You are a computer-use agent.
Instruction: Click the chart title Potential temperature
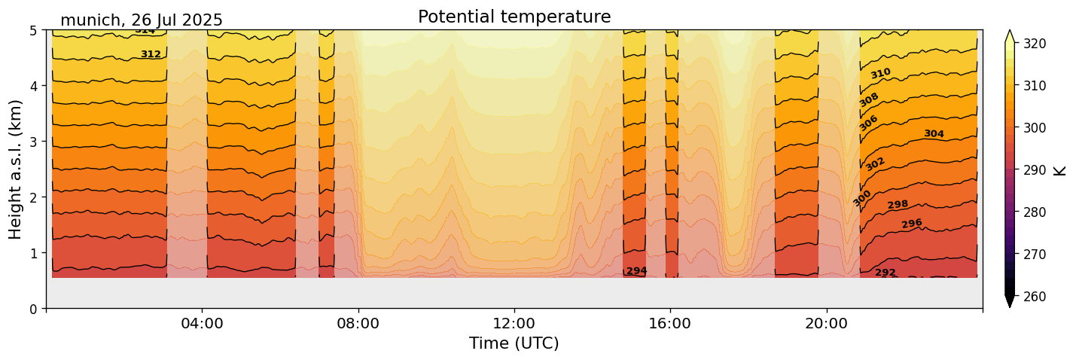point(514,17)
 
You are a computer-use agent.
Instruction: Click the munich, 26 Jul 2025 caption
point(142,20)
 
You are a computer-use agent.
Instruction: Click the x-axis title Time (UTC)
point(514,343)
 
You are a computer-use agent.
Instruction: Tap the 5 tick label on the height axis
point(34,30)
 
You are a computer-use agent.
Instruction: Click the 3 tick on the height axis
point(34,142)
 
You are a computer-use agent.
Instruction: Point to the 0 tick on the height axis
point(34,309)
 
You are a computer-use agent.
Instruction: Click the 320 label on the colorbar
point(1034,44)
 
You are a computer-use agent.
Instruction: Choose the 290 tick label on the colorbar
point(1034,170)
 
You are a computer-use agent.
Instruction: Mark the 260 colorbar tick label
point(1034,297)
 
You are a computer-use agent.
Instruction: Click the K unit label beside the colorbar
point(1060,170)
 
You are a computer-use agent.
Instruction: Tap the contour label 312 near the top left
point(151,54)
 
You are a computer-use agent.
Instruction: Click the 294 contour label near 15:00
point(637,271)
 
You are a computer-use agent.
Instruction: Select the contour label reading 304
point(934,134)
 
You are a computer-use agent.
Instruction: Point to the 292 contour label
point(885,273)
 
